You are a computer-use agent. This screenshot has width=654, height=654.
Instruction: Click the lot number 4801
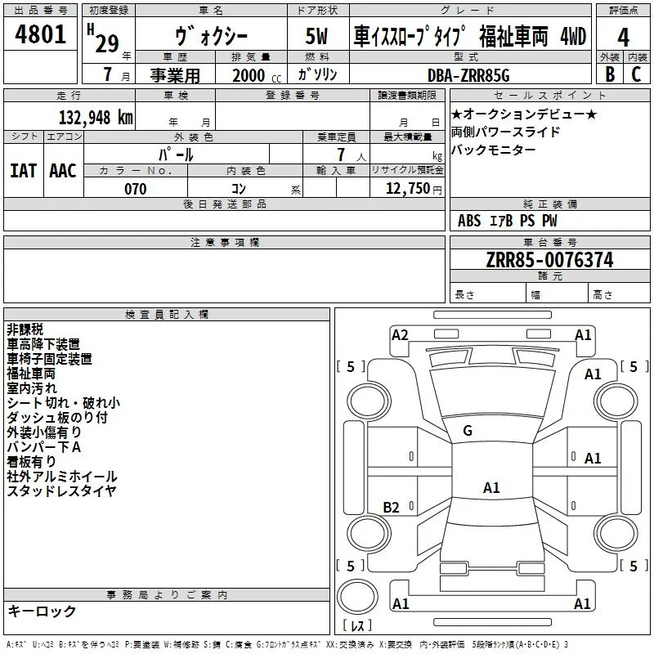pos(40,34)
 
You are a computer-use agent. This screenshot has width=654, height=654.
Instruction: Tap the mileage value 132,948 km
pos(96,118)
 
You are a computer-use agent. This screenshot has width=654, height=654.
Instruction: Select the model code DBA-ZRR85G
pos(468,75)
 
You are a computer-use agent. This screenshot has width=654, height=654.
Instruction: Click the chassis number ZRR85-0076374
pos(549,260)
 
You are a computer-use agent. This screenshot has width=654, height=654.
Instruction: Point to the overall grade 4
pos(623,38)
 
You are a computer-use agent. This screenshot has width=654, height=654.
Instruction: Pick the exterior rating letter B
pos(610,74)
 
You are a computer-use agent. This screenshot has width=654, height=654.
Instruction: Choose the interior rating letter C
pos(636,74)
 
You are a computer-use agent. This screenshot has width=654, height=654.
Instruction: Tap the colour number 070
pos(136,189)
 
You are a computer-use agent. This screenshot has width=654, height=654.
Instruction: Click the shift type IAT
pos(24,171)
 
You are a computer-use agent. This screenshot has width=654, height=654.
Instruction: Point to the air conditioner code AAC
pos(63,171)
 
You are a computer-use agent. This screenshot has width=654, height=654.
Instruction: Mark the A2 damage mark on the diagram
pos(400,335)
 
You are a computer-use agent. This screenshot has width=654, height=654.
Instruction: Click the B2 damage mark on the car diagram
pos(391,507)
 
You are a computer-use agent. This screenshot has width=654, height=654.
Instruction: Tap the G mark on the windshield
pos(468,431)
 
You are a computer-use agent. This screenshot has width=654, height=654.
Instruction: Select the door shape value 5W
pos(316,36)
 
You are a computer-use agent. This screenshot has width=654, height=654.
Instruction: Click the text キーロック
pos(42,611)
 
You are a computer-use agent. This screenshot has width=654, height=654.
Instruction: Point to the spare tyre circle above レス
pos(357,597)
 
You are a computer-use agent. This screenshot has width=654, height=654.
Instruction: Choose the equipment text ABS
pos(469,221)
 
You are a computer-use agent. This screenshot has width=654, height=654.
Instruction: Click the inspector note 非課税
pos(25,329)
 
